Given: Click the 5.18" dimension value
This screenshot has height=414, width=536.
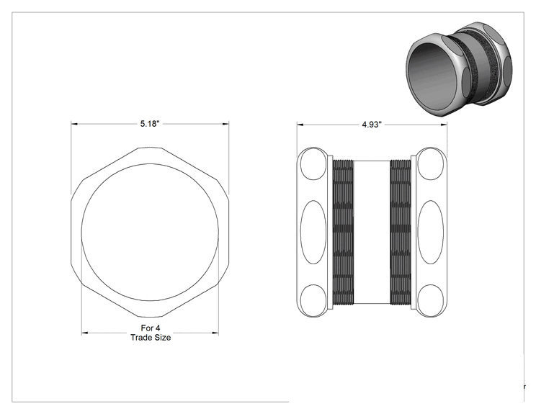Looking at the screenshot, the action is pyautogui.click(x=150, y=124).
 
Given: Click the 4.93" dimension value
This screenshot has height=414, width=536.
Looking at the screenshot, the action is pyautogui.click(x=372, y=125).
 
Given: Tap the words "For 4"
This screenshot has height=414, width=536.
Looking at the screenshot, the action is pyautogui.click(x=151, y=328).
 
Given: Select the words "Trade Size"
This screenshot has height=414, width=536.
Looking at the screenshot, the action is pyautogui.click(x=151, y=338).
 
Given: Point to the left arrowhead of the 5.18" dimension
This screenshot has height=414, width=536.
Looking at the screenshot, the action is pyautogui.click(x=74, y=124).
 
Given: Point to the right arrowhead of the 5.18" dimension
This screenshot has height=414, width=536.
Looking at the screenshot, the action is pyautogui.click(x=225, y=124).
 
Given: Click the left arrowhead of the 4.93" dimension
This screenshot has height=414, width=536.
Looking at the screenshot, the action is pyautogui.click(x=300, y=125).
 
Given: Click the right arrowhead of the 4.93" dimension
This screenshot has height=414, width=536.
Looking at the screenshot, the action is pyautogui.click(x=444, y=125).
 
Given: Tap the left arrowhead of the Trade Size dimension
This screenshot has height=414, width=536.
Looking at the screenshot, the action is pyautogui.click(x=85, y=333).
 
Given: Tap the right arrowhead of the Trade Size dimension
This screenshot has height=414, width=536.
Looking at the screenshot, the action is pyautogui.click(x=215, y=333).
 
